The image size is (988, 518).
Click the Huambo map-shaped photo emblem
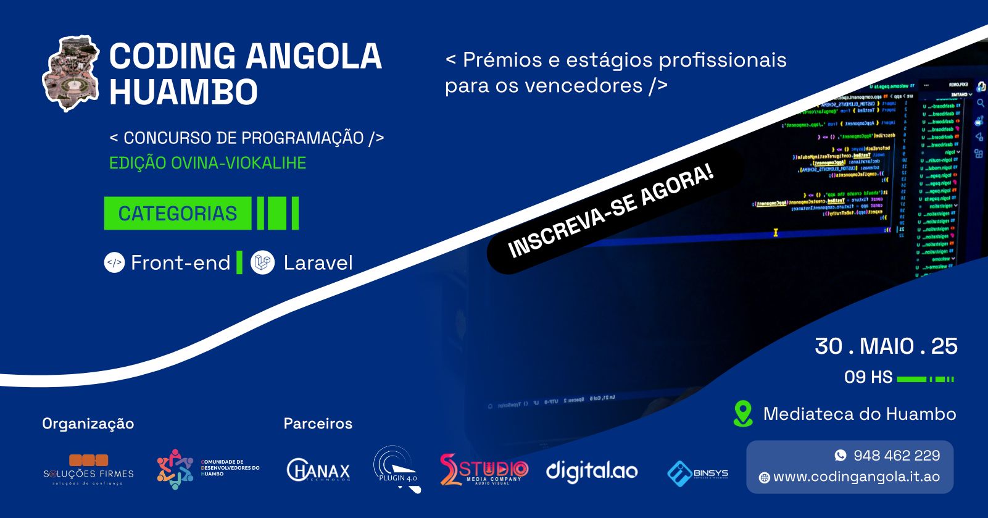coord(70,74)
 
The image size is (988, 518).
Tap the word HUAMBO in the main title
coord(183,93)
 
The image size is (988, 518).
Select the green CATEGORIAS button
coord(178,214)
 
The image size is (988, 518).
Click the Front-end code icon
coord(114,263)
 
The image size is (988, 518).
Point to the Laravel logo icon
coord(263,263)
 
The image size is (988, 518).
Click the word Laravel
coord(318,263)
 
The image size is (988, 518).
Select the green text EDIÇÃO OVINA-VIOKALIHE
coord(207,163)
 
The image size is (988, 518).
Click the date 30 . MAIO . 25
coord(886,346)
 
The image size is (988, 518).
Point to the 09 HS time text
coord(868,377)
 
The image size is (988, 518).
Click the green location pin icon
coord(743,414)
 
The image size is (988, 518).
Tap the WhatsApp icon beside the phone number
coord(841,456)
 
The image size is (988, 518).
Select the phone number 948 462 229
coord(897,456)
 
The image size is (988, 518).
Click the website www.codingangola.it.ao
coord(856,477)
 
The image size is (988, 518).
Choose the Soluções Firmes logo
coord(88,470)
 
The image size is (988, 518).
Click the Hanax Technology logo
coord(318,471)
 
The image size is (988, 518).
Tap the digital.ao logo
coord(592,471)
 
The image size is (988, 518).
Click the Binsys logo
coord(698,473)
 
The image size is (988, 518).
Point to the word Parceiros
coord(318,424)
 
